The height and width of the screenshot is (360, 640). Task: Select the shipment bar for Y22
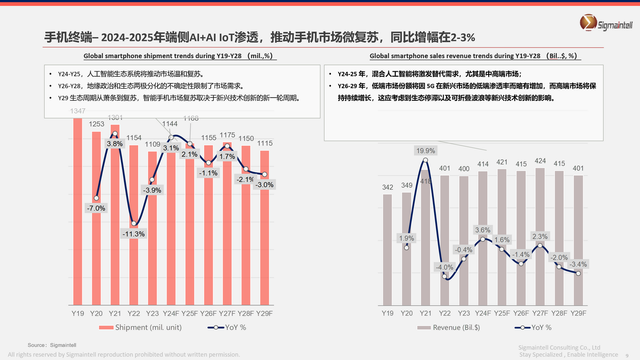133,265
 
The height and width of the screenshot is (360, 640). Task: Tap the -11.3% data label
133,234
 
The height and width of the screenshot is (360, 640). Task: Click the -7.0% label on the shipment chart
96,208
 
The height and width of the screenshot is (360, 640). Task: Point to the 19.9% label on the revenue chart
426,151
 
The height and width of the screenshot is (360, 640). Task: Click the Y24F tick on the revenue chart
483,313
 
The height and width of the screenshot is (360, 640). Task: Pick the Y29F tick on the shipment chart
264,313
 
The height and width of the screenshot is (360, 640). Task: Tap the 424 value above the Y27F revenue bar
540,161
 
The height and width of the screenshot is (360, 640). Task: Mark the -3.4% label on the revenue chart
578,264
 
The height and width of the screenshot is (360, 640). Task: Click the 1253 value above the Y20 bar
96,124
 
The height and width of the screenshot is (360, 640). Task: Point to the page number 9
627,355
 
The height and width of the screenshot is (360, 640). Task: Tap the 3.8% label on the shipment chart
115,143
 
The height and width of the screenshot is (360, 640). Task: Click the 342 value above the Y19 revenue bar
388,188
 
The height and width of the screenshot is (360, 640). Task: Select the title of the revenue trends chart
475,56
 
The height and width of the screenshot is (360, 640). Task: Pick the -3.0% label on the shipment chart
265,185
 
